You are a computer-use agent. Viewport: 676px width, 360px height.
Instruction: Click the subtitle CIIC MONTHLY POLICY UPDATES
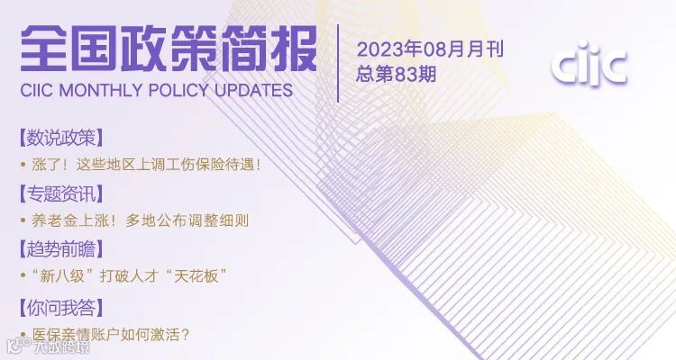tap(156, 90)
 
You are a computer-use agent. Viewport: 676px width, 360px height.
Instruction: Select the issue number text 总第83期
tap(397, 74)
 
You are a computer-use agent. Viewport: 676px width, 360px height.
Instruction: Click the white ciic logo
tap(589, 66)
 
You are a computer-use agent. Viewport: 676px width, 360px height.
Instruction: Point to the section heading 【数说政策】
tap(60, 138)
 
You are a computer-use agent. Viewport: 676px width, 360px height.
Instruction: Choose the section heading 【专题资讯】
tap(60, 193)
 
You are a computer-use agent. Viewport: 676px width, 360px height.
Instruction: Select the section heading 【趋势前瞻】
tap(60, 248)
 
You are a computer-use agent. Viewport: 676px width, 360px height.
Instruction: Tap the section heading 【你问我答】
tap(60, 308)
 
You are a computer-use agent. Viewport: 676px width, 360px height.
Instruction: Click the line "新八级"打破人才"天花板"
tap(127, 275)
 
